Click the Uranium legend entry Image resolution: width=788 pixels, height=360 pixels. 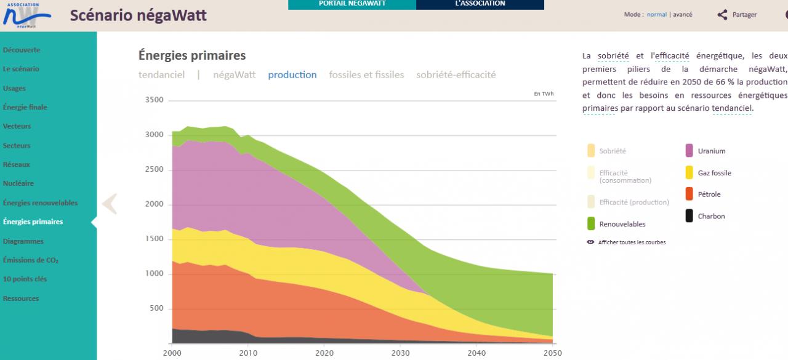pos(711,151)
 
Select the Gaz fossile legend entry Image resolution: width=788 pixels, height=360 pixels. pos(714,173)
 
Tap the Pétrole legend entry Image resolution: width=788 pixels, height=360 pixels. pos(709,194)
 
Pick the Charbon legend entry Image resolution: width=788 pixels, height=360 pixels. pos(711,216)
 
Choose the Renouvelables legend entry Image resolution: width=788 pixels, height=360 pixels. pos(622,224)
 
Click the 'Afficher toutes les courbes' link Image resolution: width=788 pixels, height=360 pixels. pos(631,242)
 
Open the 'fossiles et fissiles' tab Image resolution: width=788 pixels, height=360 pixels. pos(366,74)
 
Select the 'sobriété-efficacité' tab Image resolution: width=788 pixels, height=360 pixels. pos(456,74)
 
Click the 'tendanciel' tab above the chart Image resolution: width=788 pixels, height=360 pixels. pos(161,74)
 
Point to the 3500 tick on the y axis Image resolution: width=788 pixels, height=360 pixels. pos(154,100)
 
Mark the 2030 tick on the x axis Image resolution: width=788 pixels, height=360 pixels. pos(400,353)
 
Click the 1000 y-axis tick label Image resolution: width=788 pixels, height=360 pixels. pos(154,274)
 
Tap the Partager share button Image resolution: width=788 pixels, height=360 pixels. pos(738,15)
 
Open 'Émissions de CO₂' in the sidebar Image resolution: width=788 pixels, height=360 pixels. pos(31,260)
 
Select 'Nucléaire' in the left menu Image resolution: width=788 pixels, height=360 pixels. pos(18,183)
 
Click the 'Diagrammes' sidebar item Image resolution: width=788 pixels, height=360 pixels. pos(23,241)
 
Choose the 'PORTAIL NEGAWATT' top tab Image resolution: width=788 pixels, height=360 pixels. pos(352,4)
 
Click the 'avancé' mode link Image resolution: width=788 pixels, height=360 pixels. pos(682,14)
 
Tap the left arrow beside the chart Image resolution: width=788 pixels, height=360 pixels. pos(110,204)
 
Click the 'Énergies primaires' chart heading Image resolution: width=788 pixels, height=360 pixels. pos(192,55)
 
